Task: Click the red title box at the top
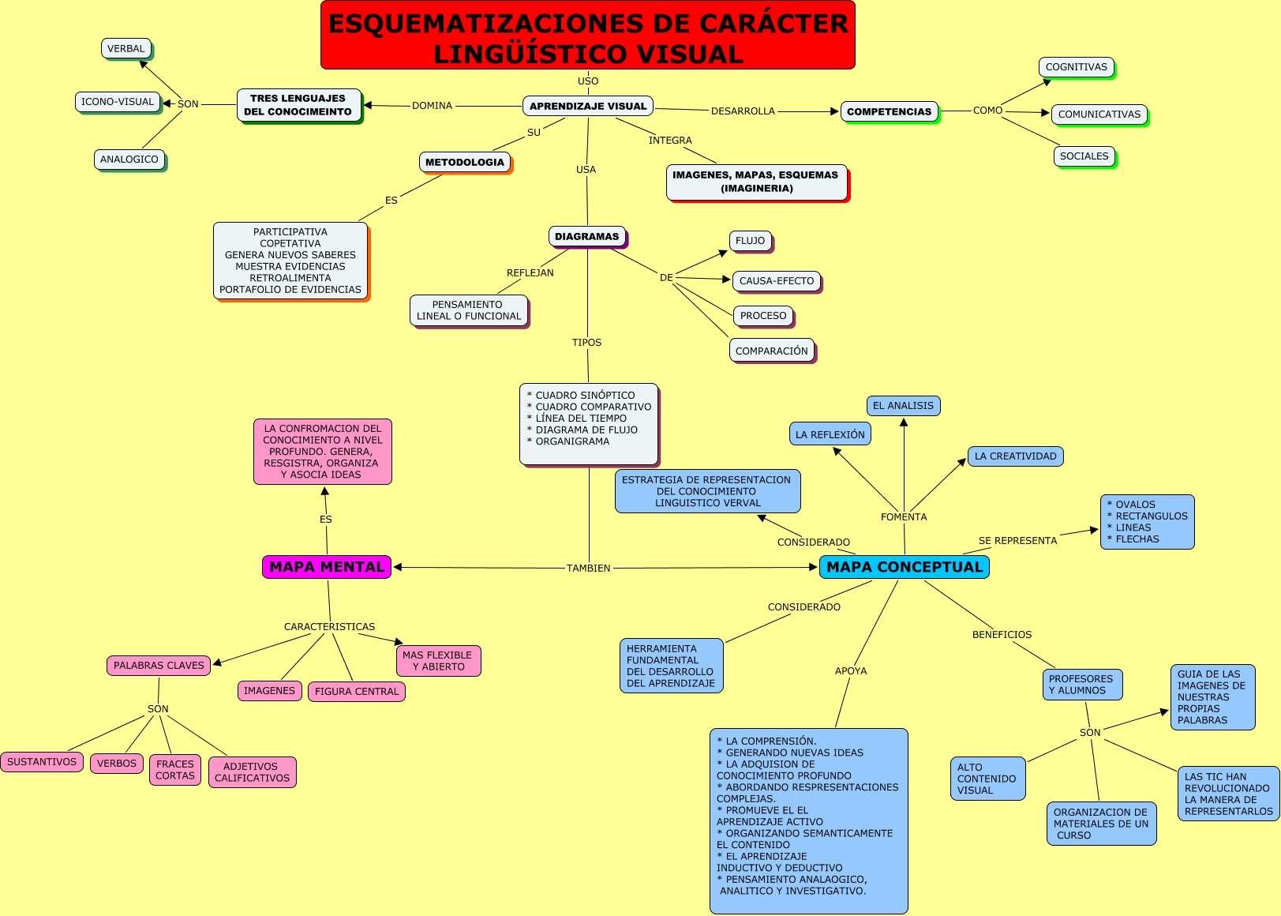pyautogui.click(x=587, y=36)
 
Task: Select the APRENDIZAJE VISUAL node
pyautogui.click(x=587, y=106)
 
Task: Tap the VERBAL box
pyautogui.click(x=126, y=49)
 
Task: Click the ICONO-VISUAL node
pyautogui.click(x=118, y=102)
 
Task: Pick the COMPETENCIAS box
pyautogui.click(x=889, y=111)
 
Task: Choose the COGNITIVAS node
pyautogui.click(x=1076, y=67)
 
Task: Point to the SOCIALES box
pyautogui.click(x=1084, y=156)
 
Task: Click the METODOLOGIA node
pyautogui.click(x=464, y=162)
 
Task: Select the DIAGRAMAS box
pyautogui.click(x=586, y=236)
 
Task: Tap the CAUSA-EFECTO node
pyautogui.click(x=777, y=281)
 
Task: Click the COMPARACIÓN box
pyautogui.click(x=771, y=351)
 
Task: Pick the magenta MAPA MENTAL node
pyautogui.click(x=327, y=567)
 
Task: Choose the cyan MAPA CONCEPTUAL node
pyautogui.click(x=904, y=567)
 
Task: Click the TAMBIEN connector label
pyautogui.click(x=588, y=569)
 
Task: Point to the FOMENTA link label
pyautogui.click(x=904, y=517)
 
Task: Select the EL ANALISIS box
pyautogui.click(x=903, y=406)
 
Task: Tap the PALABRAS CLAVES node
pyautogui.click(x=159, y=666)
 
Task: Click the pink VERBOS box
pyautogui.click(x=117, y=764)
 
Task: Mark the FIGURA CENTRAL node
pyautogui.click(x=357, y=692)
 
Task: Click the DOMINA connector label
pyautogui.click(x=432, y=106)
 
